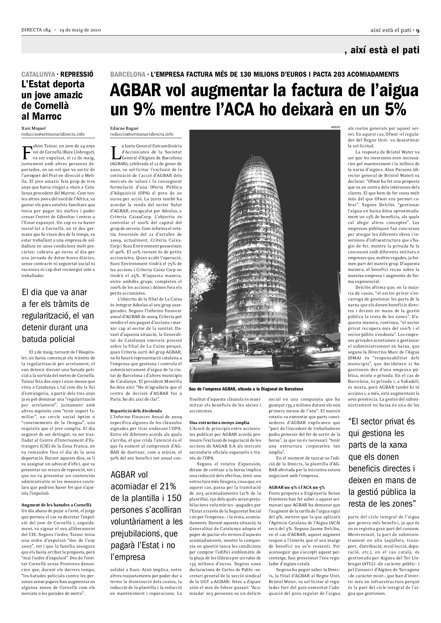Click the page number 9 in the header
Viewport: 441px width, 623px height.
pos(418,30)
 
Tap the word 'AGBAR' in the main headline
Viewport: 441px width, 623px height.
pos(135,91)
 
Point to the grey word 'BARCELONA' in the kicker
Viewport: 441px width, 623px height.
pos(128,74)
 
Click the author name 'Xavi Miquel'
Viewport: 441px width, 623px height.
pos(33,128)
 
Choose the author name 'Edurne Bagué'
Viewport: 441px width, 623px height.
pos(122,128)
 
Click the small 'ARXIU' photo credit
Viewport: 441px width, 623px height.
pos(335,127)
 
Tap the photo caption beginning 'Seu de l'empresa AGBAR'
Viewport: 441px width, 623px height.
pos(246,389)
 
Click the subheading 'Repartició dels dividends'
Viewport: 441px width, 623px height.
pos(136,411)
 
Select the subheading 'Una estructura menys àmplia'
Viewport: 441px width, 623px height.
pos(219,422)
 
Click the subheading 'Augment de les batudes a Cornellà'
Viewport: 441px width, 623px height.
pos(56,505)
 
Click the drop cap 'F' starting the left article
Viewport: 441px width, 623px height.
pos(26,153)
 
